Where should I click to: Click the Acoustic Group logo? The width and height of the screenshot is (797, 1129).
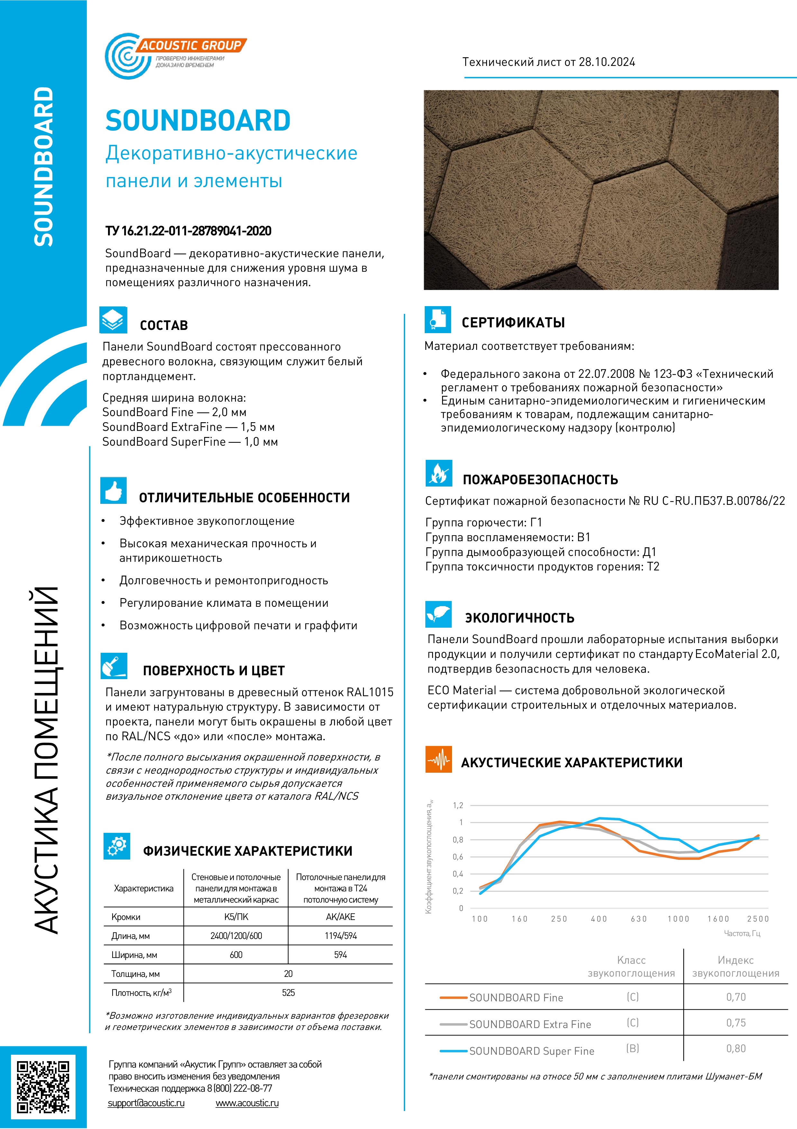pyautogui.click(x=175, y=56)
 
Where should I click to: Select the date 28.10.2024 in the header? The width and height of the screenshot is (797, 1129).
pyautogui.click(x=607, y=62)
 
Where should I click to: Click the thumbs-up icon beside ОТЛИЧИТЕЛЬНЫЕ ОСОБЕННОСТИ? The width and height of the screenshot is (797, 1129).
pyautogui.click(x=113, y=490)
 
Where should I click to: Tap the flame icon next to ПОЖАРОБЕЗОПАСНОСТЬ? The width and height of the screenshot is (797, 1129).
pyautogui.click(x=439, y=473)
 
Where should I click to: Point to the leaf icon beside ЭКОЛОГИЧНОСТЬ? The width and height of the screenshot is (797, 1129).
pyautogui.click(x=439, y=614)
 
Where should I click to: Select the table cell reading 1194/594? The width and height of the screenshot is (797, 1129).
pyautogui.click(x=340, y=936)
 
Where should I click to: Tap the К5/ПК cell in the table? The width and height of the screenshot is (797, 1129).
pyautogui.click(x=236, y=916)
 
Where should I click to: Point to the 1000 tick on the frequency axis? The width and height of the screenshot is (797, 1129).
pyautogui.click(x=678, y=919)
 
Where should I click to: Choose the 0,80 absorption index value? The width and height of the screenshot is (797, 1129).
pyautogui.click(x=736, y=1048)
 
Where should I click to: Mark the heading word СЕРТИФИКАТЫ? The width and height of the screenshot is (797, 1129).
pyautogui.click(x=513, y=323)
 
